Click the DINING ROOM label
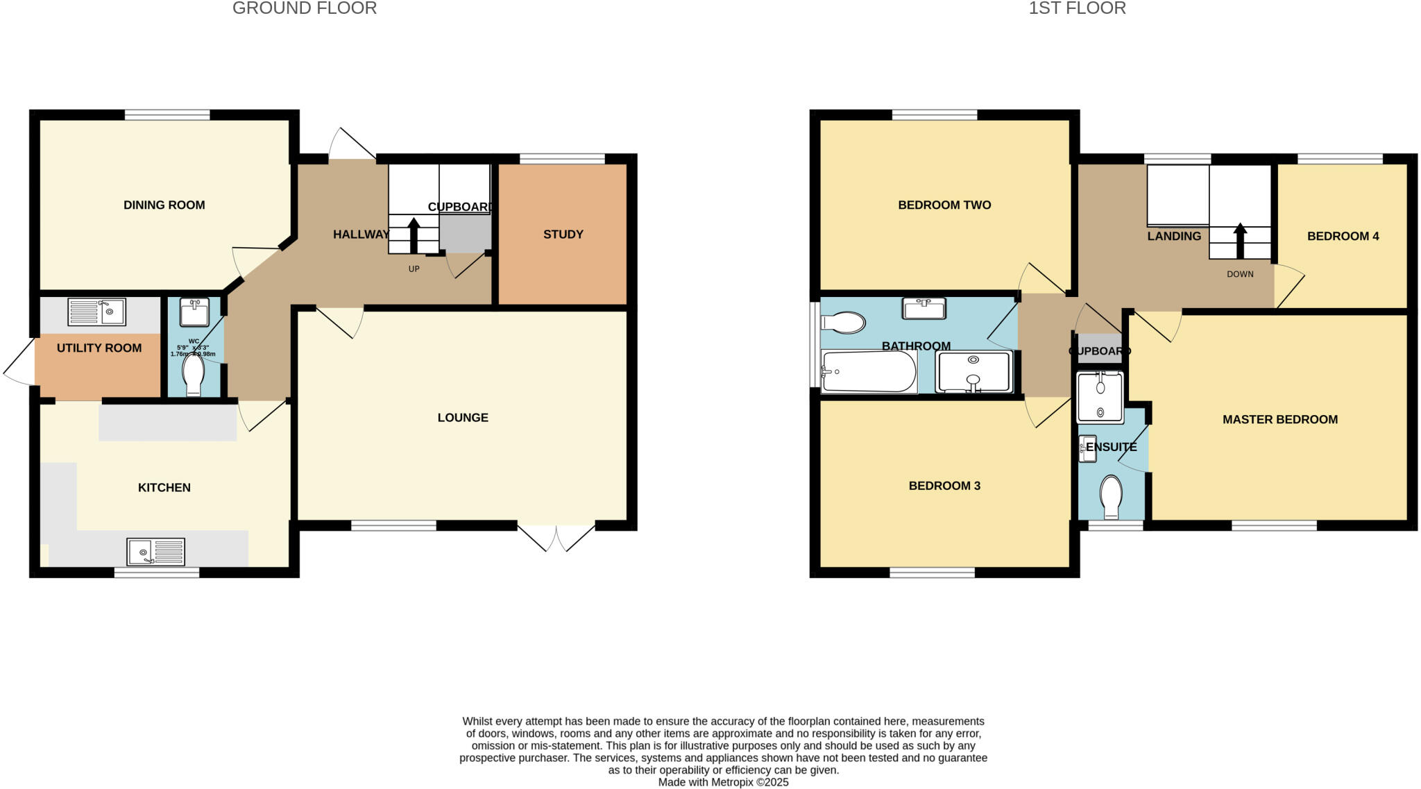(164, 205)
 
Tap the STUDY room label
(563, 235)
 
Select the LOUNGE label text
(463, 418)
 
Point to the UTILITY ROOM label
(99, 348)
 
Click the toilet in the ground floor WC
(193, 375)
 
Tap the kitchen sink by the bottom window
(155, 552)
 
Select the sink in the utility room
(96, 312)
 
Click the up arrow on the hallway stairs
(414, 235)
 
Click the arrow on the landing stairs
(1240, 239)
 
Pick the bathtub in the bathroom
(868, 372)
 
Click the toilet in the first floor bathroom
(843, 323)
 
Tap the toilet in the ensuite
(1111, 495)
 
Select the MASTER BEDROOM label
(1279, 420)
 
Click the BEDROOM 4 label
(1343, 237)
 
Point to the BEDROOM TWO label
(944, 205)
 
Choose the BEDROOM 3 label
(944, 486)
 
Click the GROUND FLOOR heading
(305, 8)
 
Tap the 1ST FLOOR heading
(1077, 8)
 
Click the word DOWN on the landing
(1240, 274)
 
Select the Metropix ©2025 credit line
(723, 782)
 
